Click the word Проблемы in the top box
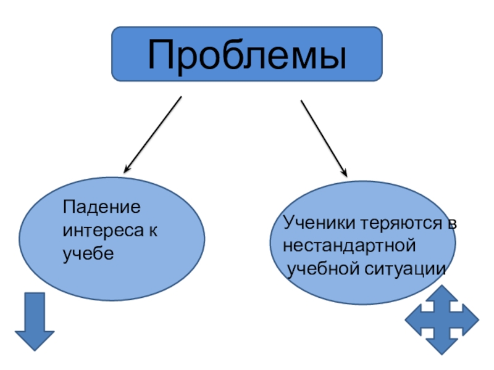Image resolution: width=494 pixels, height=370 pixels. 247,54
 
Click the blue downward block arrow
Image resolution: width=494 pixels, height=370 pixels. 35,321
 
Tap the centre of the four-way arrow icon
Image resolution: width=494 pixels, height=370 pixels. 442,319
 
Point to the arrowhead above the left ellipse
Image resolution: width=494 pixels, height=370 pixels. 128,168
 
